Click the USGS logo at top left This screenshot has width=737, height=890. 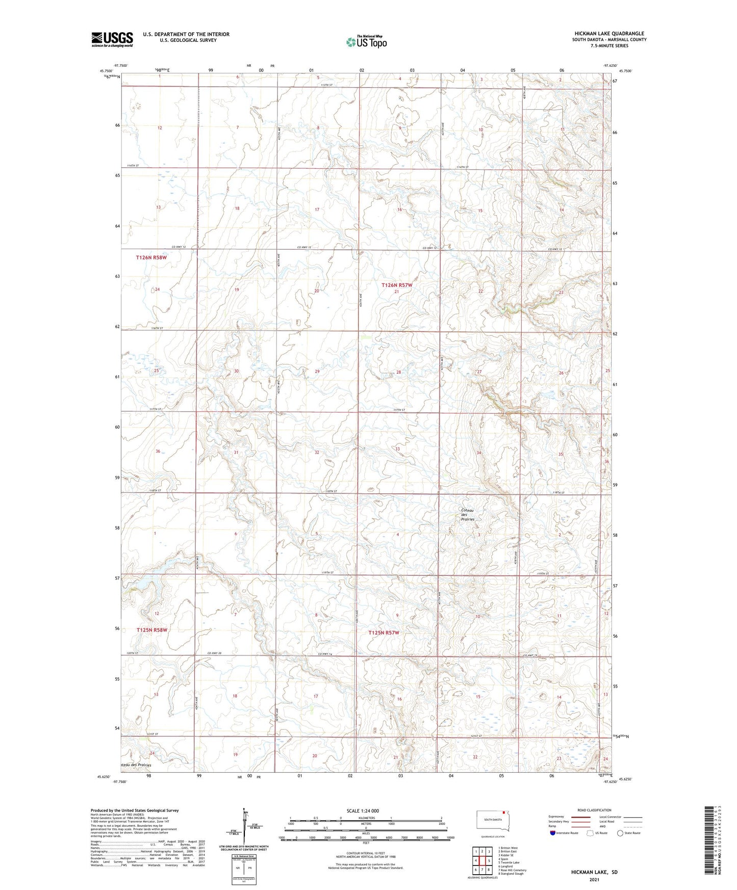click(112, 39)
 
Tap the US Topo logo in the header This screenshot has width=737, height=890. click(366, 42)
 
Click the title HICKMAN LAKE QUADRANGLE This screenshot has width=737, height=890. click(609, 34)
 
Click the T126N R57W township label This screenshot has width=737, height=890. click(397, 285)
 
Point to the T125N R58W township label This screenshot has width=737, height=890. click(151, 630)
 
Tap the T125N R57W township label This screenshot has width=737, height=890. click(384, 633)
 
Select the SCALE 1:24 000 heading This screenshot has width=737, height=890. click(363, 810)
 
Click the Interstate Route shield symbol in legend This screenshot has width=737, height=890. click(553, 833)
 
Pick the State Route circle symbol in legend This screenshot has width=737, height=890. click(620, 833)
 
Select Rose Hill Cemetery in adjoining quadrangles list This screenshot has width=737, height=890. click(512, 870)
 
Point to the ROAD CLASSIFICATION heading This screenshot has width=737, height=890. click(594, 810)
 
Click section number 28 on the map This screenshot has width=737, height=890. click(398, 372)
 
